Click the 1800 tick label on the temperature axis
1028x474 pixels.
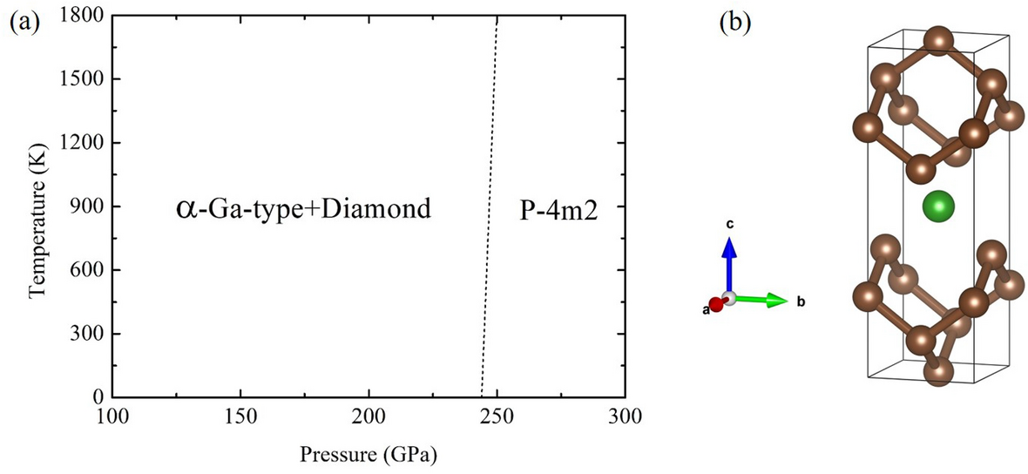(x=79, y=16)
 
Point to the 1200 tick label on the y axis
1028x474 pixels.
(x=79, y=143)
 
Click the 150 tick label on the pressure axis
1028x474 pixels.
(x=240, y=415)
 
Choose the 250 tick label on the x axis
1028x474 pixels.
(x=497, y=415)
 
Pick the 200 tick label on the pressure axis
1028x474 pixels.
(x=369, y=415)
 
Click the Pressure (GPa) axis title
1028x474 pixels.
(x=368, y=454)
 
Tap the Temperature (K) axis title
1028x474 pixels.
(x=37, y=207)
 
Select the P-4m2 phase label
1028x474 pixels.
(x=558, y=209)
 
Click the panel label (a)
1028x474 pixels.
(x=23, y=22)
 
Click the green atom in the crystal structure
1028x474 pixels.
(x=937, y=207)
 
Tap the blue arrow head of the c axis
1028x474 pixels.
(x=731, y=247)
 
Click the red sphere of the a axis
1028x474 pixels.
(x=716, y=304)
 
